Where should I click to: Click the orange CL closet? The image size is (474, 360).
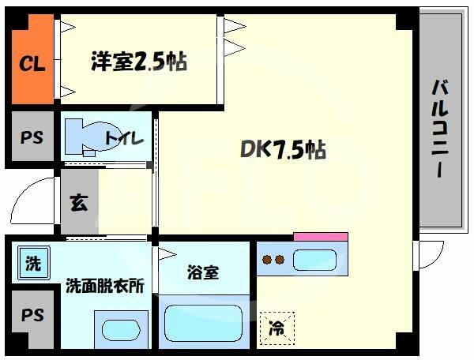(32, 62)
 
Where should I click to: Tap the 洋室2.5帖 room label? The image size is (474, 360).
(138, 62)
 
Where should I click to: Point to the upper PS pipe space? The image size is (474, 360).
(32, 137)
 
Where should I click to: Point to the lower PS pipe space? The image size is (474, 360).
(32, 316)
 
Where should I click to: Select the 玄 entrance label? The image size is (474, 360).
(79, 203)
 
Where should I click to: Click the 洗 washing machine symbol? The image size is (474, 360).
(31, 263)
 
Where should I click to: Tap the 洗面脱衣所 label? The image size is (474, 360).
(104, 285)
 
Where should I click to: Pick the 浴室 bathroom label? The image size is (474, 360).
(203, 273)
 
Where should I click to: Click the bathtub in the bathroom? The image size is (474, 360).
(203, 323)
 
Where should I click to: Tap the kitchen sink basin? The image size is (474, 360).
(314, 258)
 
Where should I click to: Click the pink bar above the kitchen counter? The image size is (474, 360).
(320, 235)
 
